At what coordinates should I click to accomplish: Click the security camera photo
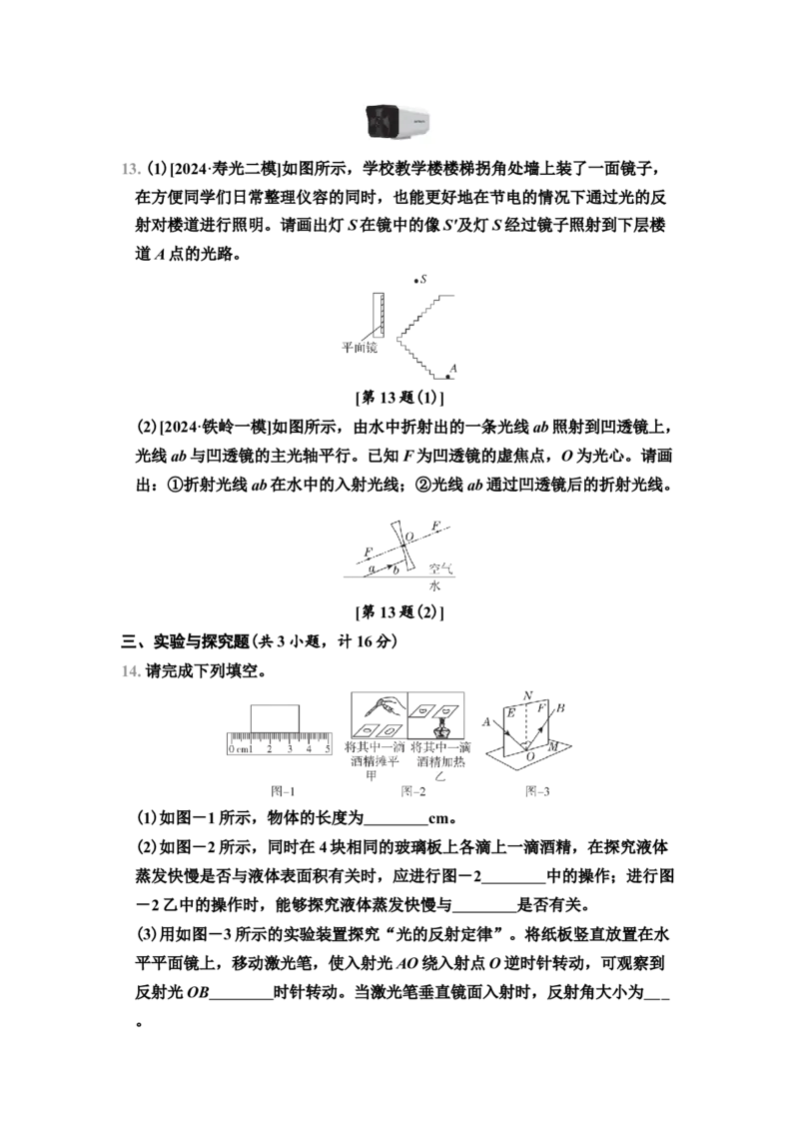[x=399, y=121]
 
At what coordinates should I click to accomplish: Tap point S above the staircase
[x=416, y=281]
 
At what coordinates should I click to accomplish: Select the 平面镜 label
[x=360, y=348]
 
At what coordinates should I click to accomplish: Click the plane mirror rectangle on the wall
[x=378, y=315]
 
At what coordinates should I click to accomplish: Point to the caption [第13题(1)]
[x=399, y=398]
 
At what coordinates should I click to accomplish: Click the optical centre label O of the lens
[x=409, y=537]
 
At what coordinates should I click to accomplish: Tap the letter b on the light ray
[x=396, y=569]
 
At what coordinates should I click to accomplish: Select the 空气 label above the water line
[x=440, y=568]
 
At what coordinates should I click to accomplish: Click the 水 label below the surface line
[x=434, y=585]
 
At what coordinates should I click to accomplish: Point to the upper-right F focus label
[x=434, y=526]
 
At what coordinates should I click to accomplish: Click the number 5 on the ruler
[x=328, y=748]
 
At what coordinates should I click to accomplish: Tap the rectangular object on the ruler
[x=275, y=718]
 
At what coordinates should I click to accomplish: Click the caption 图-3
[x=537, y=791]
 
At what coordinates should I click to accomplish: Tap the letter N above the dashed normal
[x=528, y=696]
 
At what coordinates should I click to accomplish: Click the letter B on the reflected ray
[x=560, y=707]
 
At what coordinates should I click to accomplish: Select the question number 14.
[x=131, y=671]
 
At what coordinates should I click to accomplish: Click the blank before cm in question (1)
[x=396, y=818]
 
